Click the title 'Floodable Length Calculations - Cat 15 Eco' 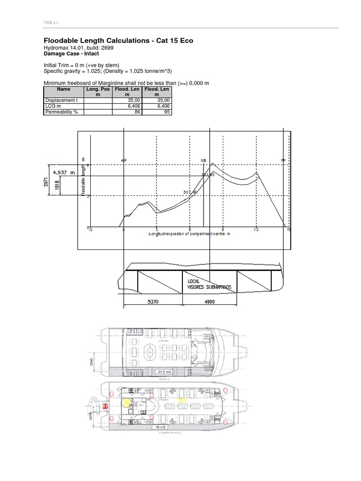pos(118,41)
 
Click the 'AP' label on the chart pos(124,160)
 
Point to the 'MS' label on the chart pos(204,160)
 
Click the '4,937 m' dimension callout pos(64,172)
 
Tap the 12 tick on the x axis pos(256,230)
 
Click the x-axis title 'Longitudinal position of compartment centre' pos(189,233)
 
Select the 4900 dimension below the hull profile pos(210,302)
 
